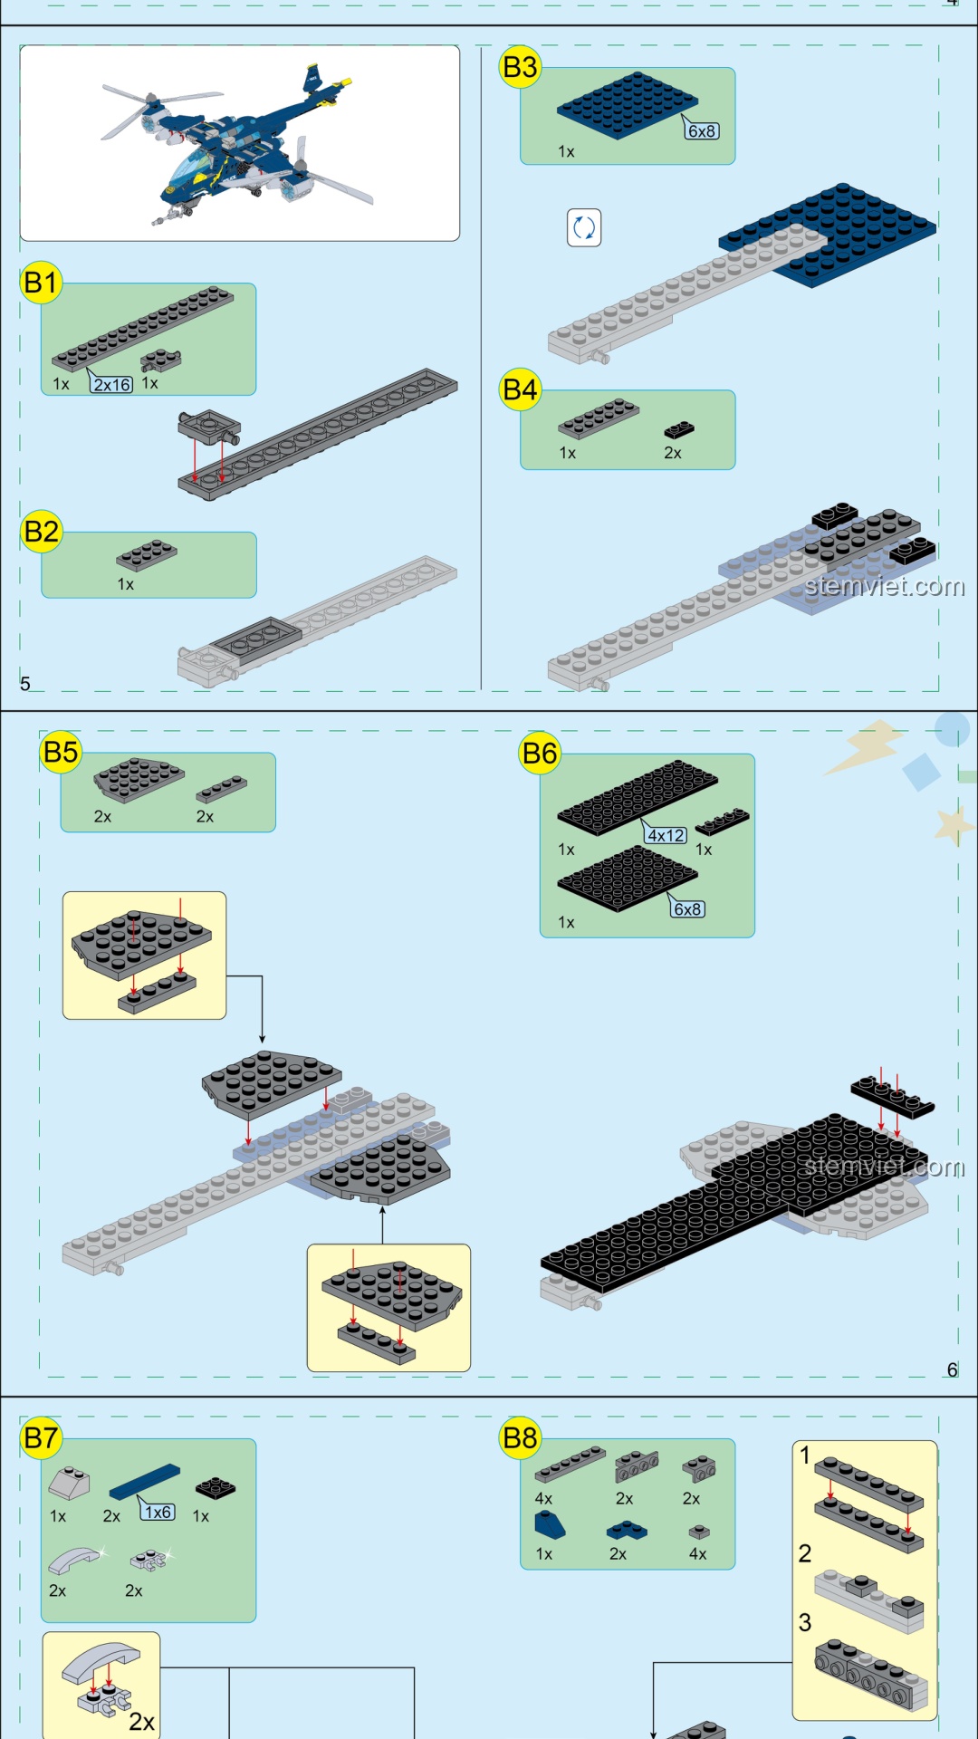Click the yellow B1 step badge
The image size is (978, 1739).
(41, 283)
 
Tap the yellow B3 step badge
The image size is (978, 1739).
(520, 67)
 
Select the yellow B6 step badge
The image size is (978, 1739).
(540, 753)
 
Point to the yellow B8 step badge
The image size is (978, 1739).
(520, 1437)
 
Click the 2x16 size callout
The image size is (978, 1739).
(111, 385)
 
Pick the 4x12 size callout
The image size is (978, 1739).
(666, 835)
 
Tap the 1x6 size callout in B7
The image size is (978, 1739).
(158, 1512)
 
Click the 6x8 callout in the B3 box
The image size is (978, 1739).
(702, 130)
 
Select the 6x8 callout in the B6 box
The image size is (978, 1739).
(687, 908)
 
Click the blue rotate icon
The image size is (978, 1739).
(584, 227)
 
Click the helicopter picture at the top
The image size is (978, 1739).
(240, 142)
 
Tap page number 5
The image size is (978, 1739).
(25, 684)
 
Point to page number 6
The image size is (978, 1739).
(952, 1369)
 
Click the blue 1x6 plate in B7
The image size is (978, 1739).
(145, 1482)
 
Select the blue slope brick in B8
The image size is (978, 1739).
(550, 1525)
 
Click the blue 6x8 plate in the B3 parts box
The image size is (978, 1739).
(628, 106)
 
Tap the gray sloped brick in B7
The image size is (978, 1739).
(69, 1484)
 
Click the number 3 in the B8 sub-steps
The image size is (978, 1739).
(804, 1622)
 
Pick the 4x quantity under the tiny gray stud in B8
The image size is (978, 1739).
(697, 1553)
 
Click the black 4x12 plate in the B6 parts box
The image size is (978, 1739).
(638, 796)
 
